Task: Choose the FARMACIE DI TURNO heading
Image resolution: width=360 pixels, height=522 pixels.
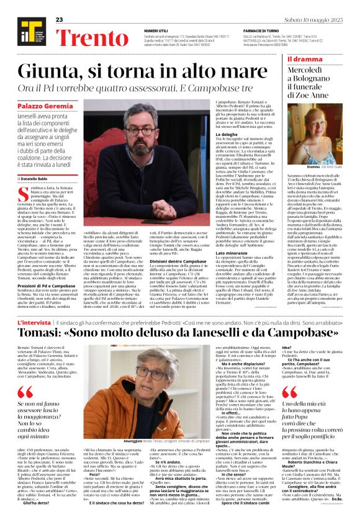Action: (x=264, y=30)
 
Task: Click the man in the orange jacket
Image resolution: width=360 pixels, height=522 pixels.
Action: (x=151, y=397)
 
